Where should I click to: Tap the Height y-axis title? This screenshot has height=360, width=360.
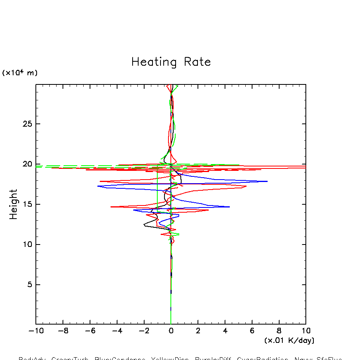[x=14, y=204]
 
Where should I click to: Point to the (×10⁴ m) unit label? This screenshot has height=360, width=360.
[x=20, y=72]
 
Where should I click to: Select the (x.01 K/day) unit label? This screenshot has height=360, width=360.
[x=289, y=340]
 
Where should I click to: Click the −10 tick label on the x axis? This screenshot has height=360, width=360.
[x=36, y=331]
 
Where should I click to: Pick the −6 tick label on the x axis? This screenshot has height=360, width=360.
[x=90, y=331]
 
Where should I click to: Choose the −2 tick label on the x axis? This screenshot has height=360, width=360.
[x=144, y=331]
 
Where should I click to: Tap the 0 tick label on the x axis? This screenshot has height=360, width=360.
[x=171, y=331]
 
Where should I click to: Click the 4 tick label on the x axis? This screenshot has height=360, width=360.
[x=225, y=331]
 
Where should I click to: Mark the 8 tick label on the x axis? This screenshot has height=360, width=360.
[x=279, y=331]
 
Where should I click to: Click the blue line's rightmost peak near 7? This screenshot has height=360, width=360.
[x=267, y=181]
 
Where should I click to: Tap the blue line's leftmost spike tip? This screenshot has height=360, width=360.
[x=98, y=186]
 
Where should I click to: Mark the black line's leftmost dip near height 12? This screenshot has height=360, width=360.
[x=144, y=225]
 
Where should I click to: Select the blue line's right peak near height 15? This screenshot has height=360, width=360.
[x=229, y=207]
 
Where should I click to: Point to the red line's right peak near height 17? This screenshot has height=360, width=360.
[x=246, y=186]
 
